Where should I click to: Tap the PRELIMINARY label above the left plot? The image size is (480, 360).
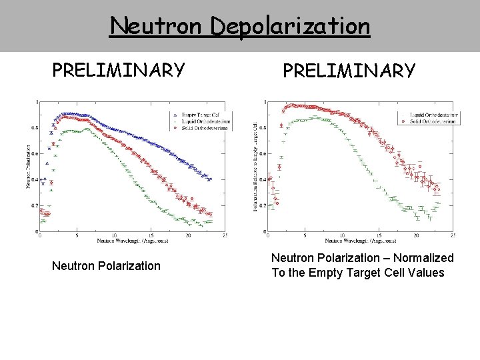click(x=119, y=70)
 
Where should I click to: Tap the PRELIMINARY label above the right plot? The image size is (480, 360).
click(x=349, y=71)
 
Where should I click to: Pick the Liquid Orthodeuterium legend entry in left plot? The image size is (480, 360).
click(x=198, y=121)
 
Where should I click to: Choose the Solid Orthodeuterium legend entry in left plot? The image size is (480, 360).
click(x=197, y=128)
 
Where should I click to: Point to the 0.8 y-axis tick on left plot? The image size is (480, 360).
click(x=34, y=128)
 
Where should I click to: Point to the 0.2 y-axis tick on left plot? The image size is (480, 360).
click(x=34, y=206)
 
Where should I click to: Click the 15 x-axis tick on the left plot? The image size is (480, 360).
click(x=151, y=236)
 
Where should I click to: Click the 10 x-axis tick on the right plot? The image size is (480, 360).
click(x=342, y=236)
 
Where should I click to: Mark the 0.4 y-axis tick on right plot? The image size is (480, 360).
click(x=262, y=180)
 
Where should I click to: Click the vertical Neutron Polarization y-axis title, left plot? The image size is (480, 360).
click(x=28, y=166)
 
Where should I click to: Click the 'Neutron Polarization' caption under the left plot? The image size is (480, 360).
click(x=106, y=266)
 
